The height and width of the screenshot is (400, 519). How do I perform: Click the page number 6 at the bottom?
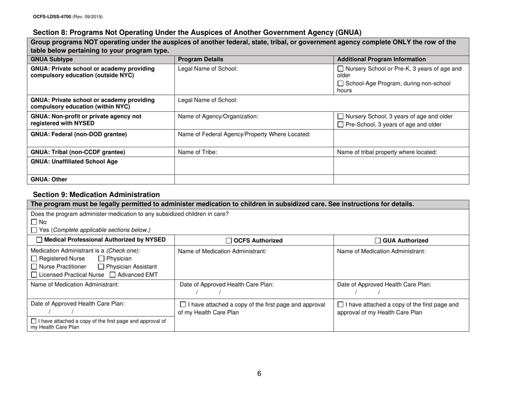(259, 374)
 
